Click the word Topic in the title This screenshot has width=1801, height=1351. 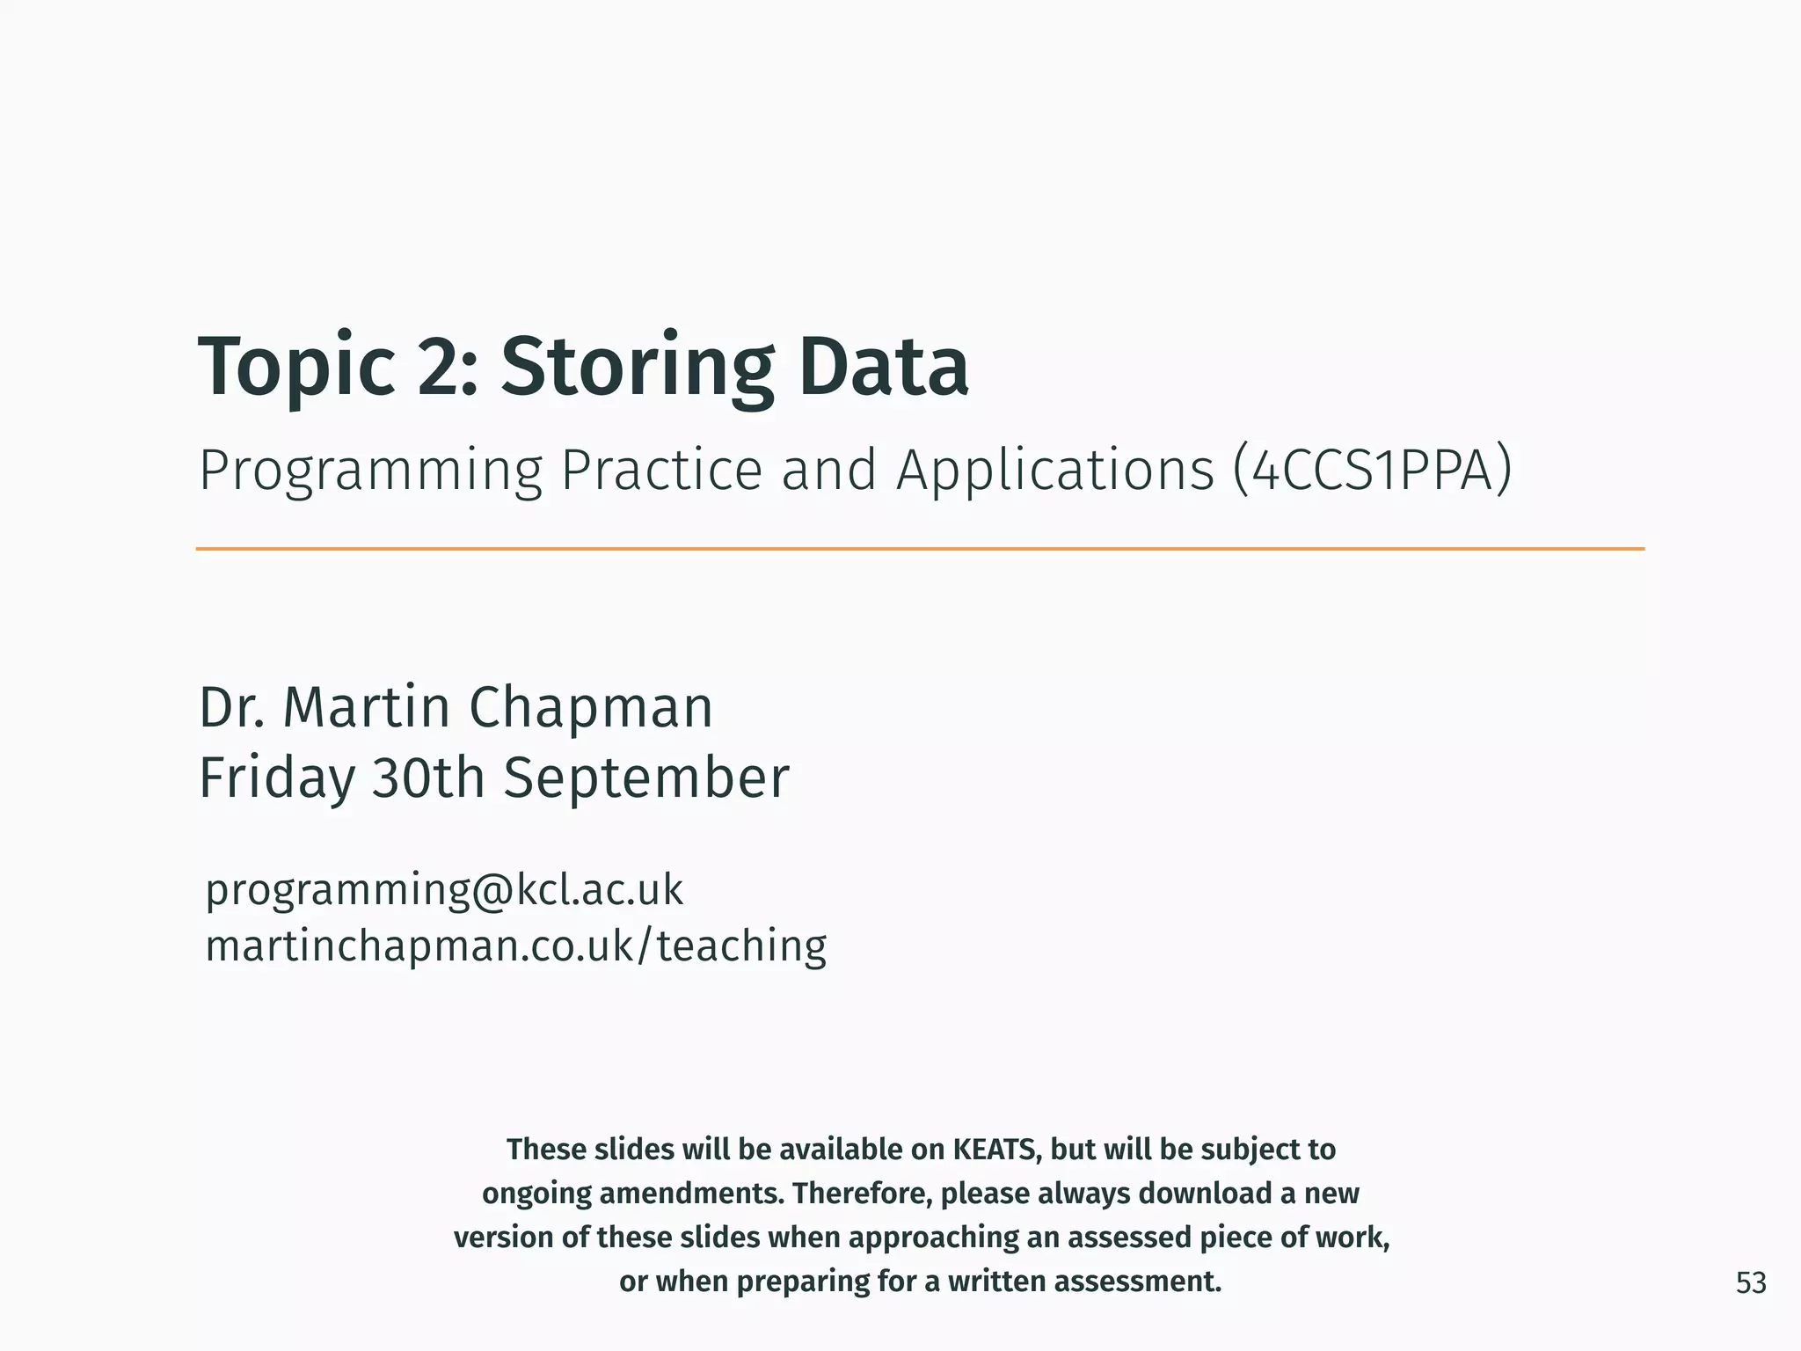tap(297, 368)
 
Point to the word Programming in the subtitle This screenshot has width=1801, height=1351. tap(370, 471)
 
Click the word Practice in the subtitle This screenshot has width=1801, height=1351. tap(661, 470)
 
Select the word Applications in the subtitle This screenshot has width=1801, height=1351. tap(1055, 471)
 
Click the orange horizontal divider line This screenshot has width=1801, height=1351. tap(919, 549)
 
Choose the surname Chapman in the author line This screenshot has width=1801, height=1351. tap(590, 707)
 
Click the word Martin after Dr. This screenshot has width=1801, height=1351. tap(366, 707)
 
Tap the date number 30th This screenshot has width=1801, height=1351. tap(428, 778)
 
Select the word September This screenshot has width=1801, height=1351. tap(646, 779)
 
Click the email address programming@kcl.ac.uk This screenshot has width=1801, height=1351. tap(444, 890)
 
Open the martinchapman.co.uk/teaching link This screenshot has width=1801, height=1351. tap(515, 946)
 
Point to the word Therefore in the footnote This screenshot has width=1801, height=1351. tap(862, 1194)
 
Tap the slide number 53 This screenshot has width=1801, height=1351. tap(1750, 1283)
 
